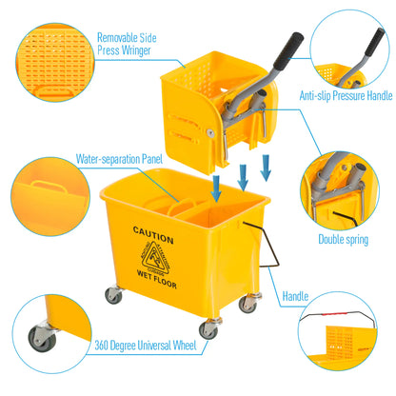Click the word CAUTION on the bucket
point(154,230)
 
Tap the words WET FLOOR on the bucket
point(154,283)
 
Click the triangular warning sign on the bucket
point(154,256)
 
